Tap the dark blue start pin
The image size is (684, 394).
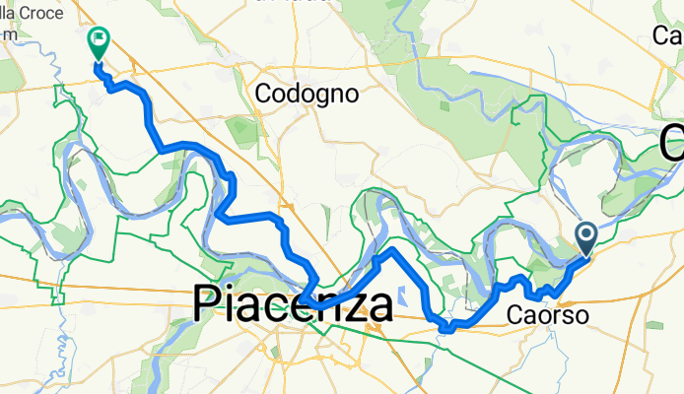[x=584, y=236]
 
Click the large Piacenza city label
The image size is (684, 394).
[x=293, y=305]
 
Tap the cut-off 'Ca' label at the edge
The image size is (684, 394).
[x=668, y=36]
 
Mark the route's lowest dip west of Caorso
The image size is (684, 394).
[x=445, y=329]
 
